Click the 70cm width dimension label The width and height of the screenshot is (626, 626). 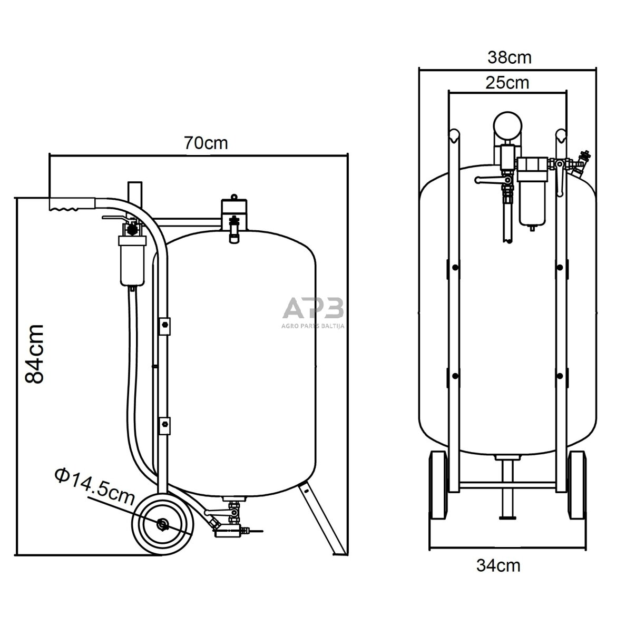[206, 143]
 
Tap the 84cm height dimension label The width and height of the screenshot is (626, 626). [35, 354]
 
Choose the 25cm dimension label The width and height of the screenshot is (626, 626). [507, 83]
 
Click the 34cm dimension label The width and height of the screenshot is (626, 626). [498, 566]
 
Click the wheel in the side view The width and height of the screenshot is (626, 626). [162, 524]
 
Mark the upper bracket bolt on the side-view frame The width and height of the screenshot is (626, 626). [165, 325]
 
